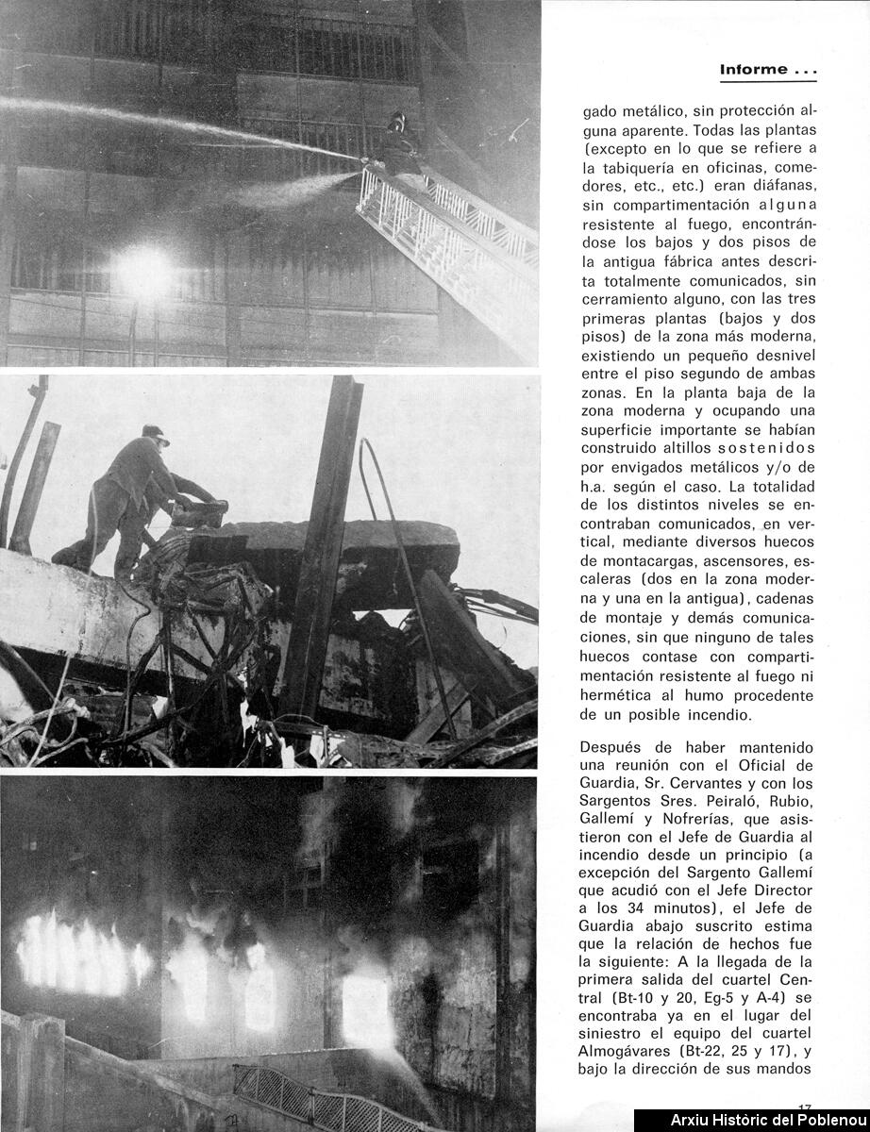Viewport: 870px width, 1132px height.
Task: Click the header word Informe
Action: coord(753,69)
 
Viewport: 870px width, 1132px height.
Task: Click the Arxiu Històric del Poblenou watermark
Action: coord(751,1121)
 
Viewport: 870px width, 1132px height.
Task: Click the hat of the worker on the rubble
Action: coord(155,433)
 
